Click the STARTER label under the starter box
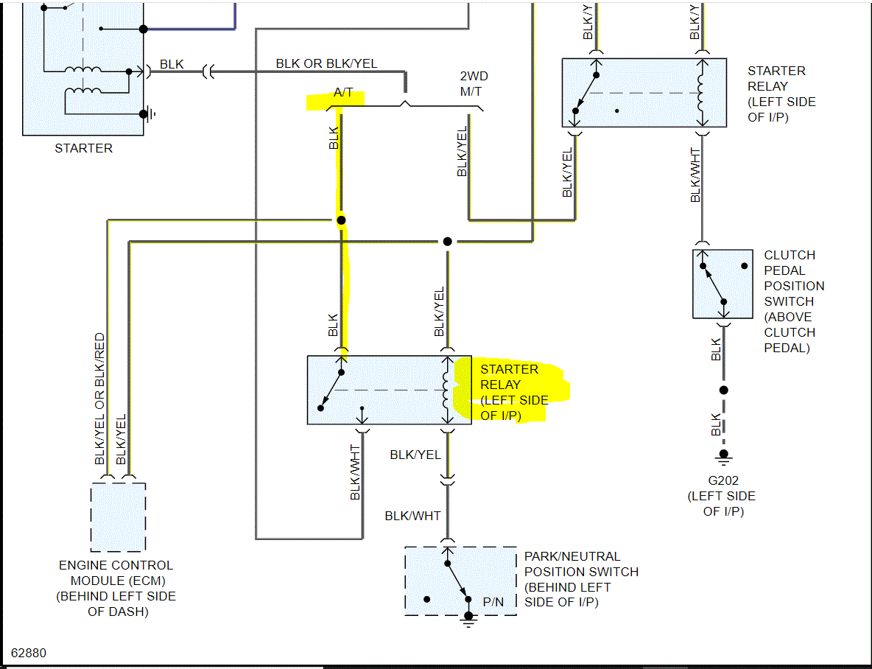tap(84, 148)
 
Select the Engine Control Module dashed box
tap(118, 517)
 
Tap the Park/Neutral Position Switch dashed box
tap(460, 581)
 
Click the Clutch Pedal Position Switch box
tap(722, 284)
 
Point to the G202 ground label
tap(722, 480)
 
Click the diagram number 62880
tap(29, 653)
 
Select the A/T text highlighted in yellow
tap(344, 93)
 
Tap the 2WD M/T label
tap(474, 84)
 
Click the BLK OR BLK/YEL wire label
tap(326, 63)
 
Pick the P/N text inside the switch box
tap(493, 602)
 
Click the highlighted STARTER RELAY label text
tap(514, 392)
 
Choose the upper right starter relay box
tap(644, 93)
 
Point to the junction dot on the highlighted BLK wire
tap(341, 220)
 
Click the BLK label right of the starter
tap(172, 65)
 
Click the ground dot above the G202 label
tap(724, 454)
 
